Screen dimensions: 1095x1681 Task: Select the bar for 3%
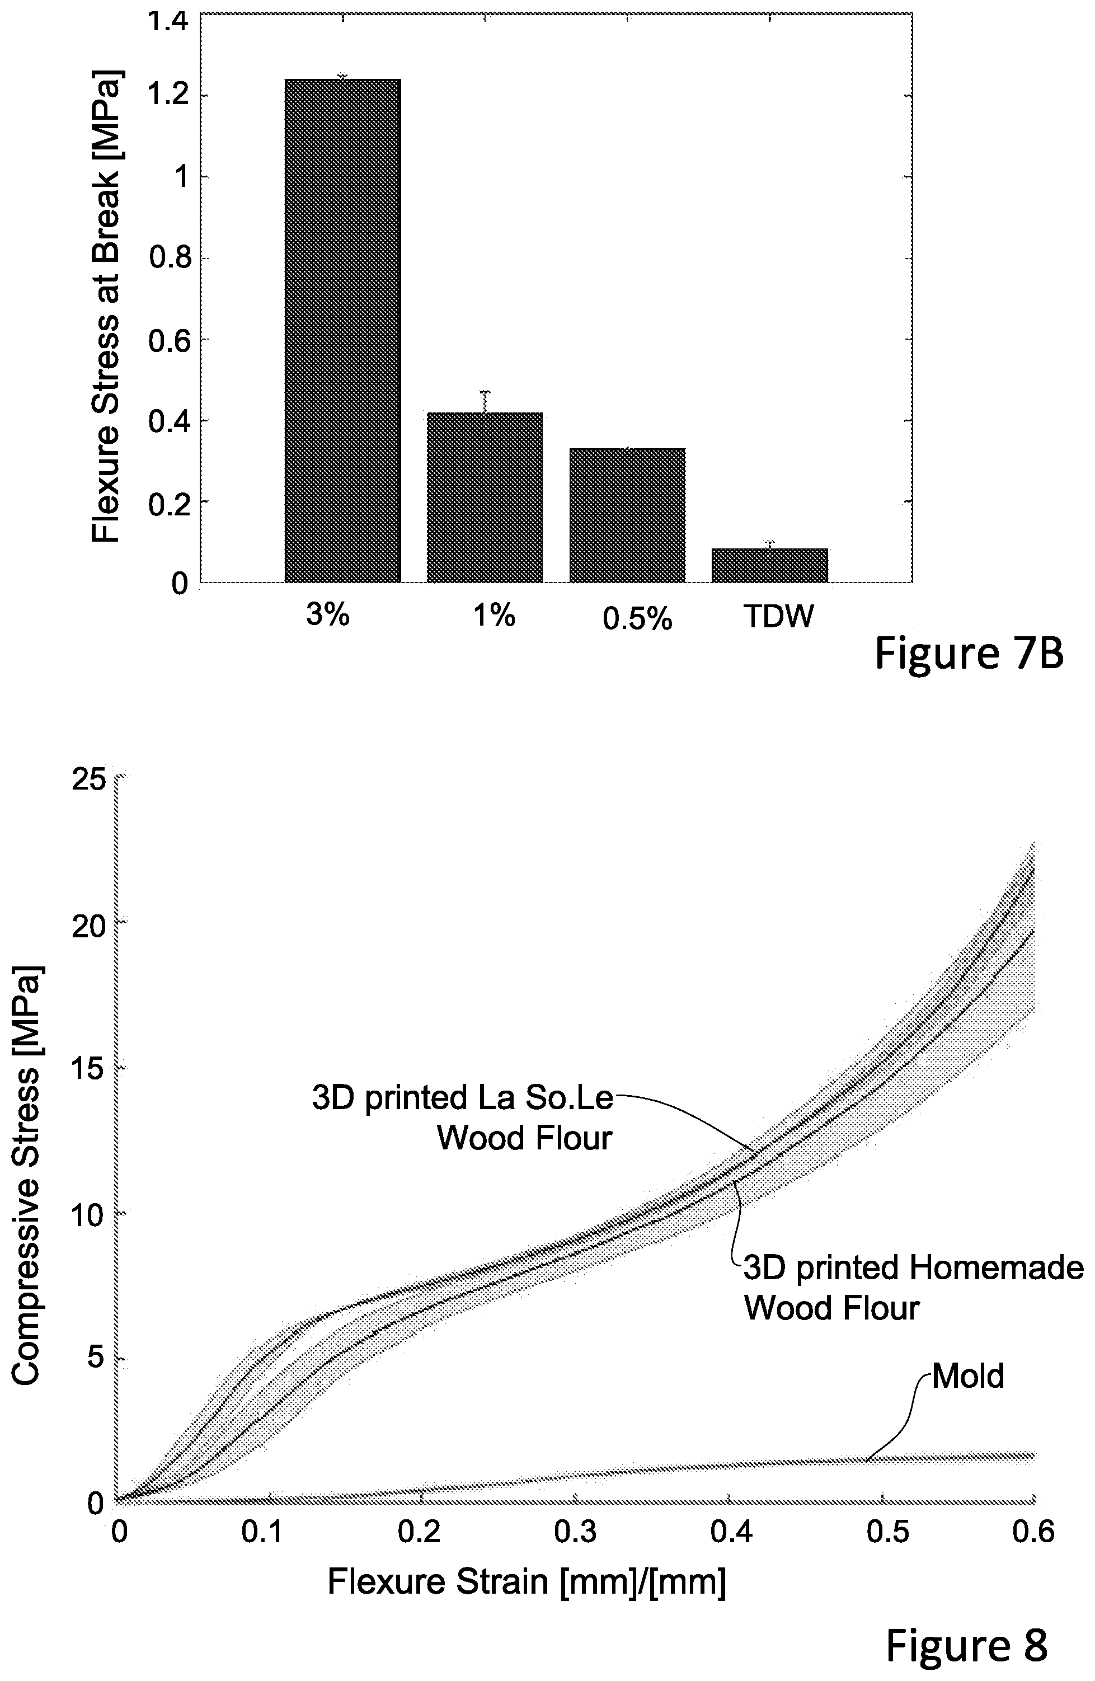tap(342, 331)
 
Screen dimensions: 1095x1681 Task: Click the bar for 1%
tap(485, 497)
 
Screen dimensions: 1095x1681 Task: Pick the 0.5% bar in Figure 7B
tap(627, 515)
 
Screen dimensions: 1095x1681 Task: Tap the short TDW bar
tap(769, 565)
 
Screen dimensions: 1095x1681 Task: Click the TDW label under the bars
tap(778, 617)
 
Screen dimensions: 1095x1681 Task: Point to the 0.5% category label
tap(637, 619)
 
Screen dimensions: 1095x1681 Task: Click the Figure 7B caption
tap(969, 654)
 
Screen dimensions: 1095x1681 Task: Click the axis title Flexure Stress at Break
tap(107, 306)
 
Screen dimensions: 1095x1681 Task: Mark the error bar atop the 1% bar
tap(485, 401)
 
